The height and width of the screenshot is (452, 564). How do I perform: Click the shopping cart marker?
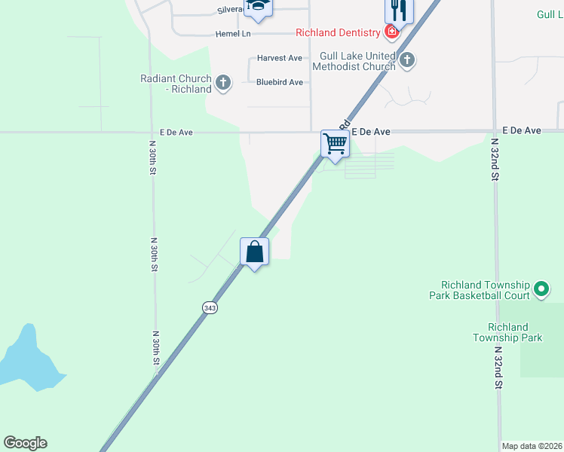pyautogui.click(x=335, y=143)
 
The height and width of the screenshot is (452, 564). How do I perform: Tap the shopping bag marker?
pyautogui.click(x=255, y=251)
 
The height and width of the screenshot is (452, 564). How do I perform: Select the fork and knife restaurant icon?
pyautogui.click(x=400, y=10)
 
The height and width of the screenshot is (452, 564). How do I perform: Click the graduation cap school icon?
pyautogui.click(x=259, y=6)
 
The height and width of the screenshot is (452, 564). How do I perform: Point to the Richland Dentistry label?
pyautogui.click(x=339, y=32)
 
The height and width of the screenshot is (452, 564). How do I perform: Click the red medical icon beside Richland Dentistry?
pyautogui.click(x=391, y=32)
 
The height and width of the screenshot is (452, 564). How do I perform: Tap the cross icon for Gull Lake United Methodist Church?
pyautogui.click(x=407, y=60)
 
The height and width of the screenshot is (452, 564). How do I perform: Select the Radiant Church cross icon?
pyautogui.click(x=222, y=83)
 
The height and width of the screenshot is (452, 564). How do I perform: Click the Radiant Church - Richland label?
pyautogui.click(x=176, y=84)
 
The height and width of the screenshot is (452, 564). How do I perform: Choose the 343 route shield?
pyautogui.click(x=210, y=307)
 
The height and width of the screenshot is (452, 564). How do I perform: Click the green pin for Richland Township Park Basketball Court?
pyautogui.click(x=541, y=289)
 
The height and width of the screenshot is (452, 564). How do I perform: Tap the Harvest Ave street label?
pyautogui.click(x=279, y=58)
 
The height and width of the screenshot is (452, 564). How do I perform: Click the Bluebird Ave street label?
pyautogui.click(x=279, y=82)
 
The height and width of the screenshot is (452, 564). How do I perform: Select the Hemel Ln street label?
pyautogui.click(x=233, y=34)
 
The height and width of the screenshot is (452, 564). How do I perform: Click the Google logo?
pyautogui.click(x=25, y=443)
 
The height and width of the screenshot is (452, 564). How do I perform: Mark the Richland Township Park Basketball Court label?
pyautogui.click(x=486, y=289)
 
